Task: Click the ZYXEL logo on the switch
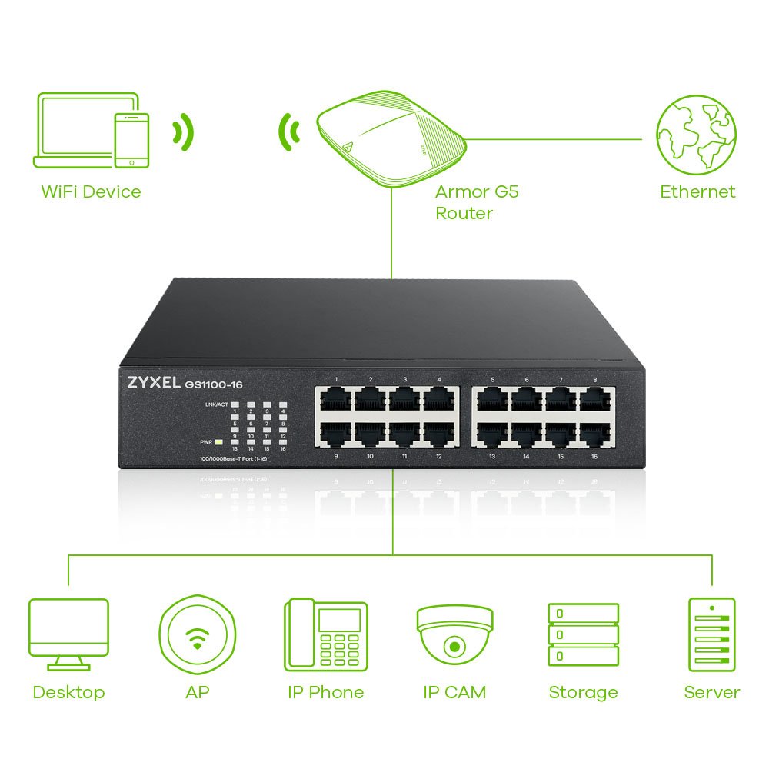(x=149, y=382)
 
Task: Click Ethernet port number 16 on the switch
(x=594, y=434)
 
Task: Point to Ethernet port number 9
(x=336, y=434)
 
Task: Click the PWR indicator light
(x=219, y=442)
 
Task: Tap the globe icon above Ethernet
(x=695, y=135)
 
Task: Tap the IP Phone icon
(x=326, y=634)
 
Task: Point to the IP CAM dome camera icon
(x=454, y=633)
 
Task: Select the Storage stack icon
(x=583, y=634)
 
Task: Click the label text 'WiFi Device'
(x=91, y=191)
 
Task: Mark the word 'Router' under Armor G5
(x=464, y=213)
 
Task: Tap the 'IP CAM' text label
(x=454, y=692)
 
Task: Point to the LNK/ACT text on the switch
(x=217, y=404)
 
